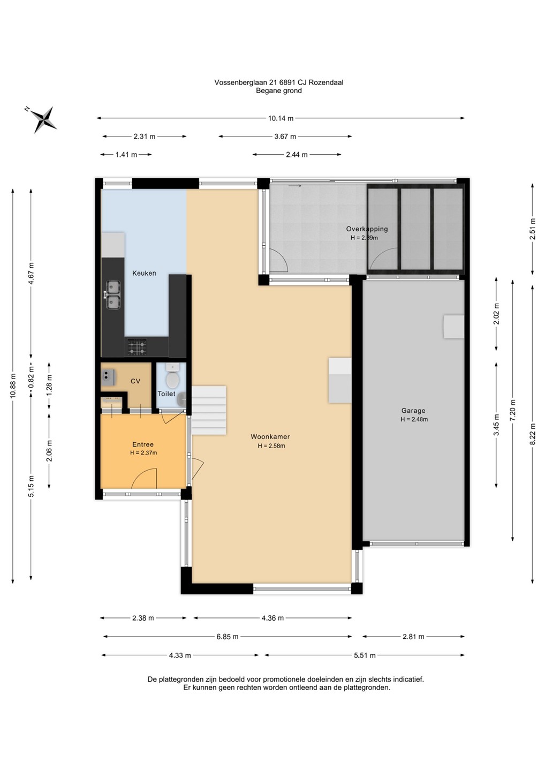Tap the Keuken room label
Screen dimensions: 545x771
144,273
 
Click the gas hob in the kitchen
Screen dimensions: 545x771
137,347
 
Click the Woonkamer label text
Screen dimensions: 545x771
270,437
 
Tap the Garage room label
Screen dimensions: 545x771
413,411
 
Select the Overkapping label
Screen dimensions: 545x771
367,229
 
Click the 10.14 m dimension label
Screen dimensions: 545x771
281,118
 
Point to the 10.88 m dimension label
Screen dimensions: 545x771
13,385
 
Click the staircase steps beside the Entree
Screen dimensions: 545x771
209,410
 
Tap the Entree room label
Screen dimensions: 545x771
143,444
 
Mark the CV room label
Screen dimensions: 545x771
135,381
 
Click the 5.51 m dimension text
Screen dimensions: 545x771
365,655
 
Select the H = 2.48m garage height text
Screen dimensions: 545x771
414,419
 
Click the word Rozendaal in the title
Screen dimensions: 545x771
328,82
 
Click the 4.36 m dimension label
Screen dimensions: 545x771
272,618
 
